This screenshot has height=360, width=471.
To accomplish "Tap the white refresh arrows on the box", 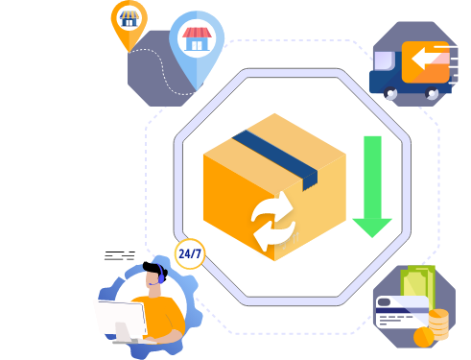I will [273, 220].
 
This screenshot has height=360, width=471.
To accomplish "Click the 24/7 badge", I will [189, 254].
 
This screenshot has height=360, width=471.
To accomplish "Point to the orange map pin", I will [128, 22].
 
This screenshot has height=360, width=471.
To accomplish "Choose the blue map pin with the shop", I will [196, 44].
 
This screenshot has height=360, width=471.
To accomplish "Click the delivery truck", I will [411, 67].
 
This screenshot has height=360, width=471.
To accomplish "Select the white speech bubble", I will [120, 255].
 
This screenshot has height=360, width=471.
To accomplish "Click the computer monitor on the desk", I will [119, 317].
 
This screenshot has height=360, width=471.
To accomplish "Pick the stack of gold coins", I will [437, 324].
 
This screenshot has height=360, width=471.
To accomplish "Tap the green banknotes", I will [417, 284].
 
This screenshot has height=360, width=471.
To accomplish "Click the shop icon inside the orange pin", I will [128, 16].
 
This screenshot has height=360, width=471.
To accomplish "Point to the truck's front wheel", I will [391, 92].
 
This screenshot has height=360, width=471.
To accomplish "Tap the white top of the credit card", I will [401, 300].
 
